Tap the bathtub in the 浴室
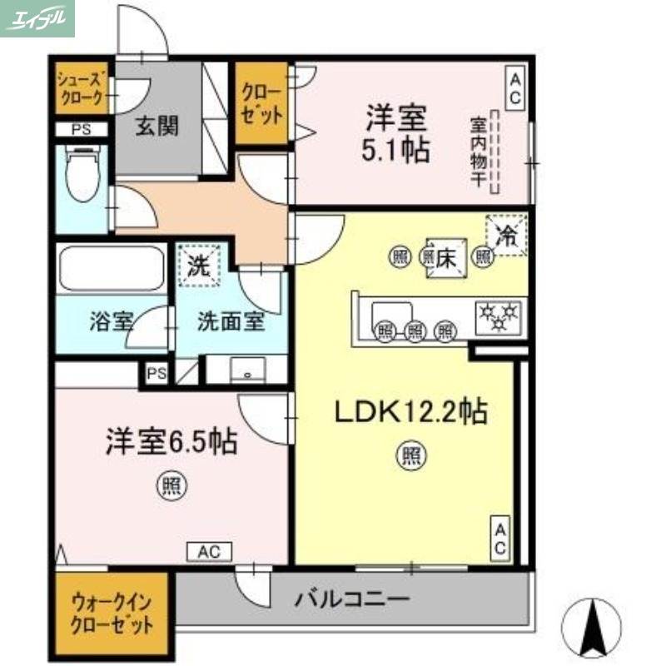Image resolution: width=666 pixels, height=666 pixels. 112,267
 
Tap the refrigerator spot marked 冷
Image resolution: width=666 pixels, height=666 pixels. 507,234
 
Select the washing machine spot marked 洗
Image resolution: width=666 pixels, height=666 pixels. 200,266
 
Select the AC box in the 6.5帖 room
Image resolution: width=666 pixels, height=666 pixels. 209,551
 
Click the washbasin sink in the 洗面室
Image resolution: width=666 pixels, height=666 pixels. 247,370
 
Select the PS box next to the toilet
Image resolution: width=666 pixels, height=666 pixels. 81,130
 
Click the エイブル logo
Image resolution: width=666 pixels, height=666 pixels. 37,18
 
